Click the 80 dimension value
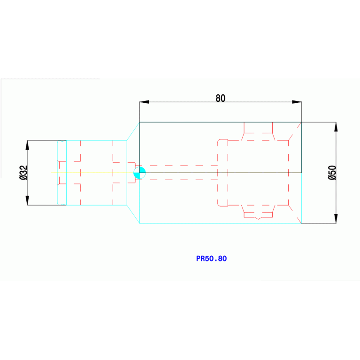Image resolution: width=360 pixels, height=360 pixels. coord(221,98)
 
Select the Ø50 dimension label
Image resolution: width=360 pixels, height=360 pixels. coord(332,173)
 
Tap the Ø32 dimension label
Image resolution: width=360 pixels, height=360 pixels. coord(23,172)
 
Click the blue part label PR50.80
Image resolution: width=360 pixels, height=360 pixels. coord(212,259)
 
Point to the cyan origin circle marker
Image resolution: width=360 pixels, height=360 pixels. coord(139,173)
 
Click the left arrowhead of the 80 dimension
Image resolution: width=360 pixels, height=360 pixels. coord(144,102)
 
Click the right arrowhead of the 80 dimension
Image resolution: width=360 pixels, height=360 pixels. coord(297,102)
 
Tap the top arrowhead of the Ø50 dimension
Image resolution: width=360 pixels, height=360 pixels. coord(336,127)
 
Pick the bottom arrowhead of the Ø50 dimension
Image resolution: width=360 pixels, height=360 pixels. coord(336,219)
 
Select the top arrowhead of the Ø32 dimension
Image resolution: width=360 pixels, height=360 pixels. coord(27,145)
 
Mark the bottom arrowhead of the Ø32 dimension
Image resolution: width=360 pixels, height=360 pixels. coord(27,200)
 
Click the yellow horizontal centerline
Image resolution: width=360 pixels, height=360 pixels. coord(92,173)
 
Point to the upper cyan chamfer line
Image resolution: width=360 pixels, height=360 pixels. coord(133,131)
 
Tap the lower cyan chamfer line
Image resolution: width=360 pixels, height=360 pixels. coord(133,214)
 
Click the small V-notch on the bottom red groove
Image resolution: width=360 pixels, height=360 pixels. coord(258,218)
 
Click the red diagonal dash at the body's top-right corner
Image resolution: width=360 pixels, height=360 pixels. coord(299,125)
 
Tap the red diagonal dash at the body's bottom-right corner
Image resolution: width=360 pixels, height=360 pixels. coord(299,220)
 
